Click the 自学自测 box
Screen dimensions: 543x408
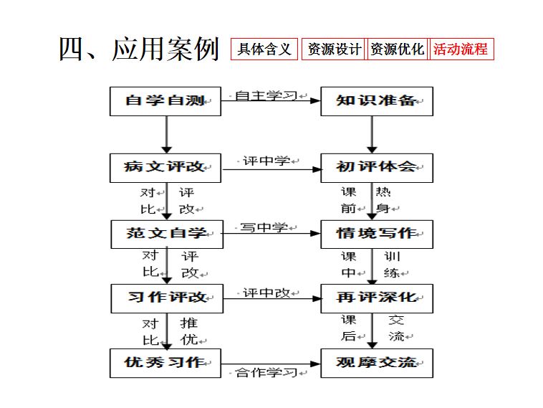[x=165, y=101]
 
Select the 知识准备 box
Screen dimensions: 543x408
[x=377, y=101]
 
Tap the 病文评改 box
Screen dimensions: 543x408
[x=165, y=168]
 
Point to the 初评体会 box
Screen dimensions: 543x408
[x=377, y=168]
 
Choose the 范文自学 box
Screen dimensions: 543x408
[x=167, y=234]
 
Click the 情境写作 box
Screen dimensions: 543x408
[x=377, y=234]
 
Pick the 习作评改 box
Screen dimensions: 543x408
[x=167, y=298]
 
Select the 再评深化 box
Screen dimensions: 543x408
[x=377, y=298]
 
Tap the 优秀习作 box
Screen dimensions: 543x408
[x=165, y=363]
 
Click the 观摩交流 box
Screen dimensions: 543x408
[x=377, y=363]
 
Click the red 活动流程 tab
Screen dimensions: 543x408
[x=461, y=49]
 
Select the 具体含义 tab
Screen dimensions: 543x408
[x=264, y=49]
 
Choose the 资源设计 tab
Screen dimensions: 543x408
[x=333, y=49]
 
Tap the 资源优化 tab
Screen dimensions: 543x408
[x=397, y=49]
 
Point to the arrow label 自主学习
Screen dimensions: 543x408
[x=266, y=95]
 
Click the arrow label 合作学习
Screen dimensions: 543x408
[x=266, y=372]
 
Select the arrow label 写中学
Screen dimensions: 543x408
[x=264, y=227]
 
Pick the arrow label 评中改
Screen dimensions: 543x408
[x=266, y=293]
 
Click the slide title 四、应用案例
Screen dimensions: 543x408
[x=139, y=49]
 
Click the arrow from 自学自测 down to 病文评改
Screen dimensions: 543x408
[x=167, y=135]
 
